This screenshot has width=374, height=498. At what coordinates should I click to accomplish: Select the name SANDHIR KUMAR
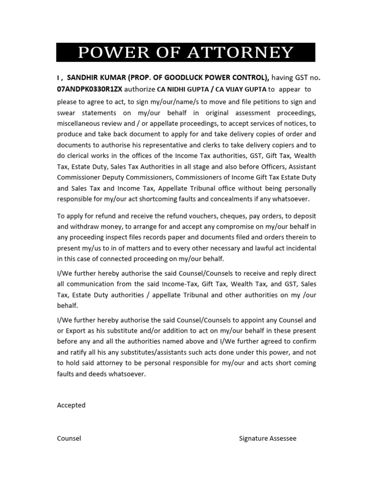tap(93, 77)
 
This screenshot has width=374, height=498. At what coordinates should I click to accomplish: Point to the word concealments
tap(236, 199)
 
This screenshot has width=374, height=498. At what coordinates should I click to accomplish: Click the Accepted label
tap(71, 405)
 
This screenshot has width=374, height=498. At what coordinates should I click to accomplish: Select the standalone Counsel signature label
tap(69, 438)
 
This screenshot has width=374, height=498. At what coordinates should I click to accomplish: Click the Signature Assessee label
tap(267, 438)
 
